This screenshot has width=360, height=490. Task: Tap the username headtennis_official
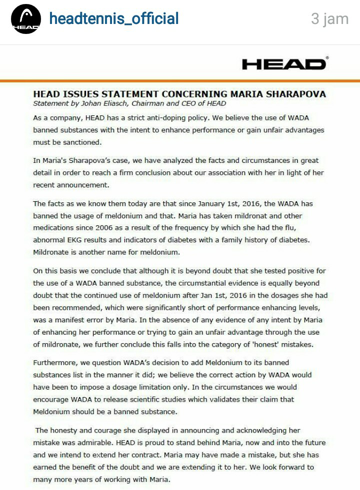pyautogui.click(x=114, y=19)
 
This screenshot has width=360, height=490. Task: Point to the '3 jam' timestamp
pyautogui.click(x=329, y=19)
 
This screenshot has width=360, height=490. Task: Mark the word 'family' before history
pyautogui.click(x=240, y=240)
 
